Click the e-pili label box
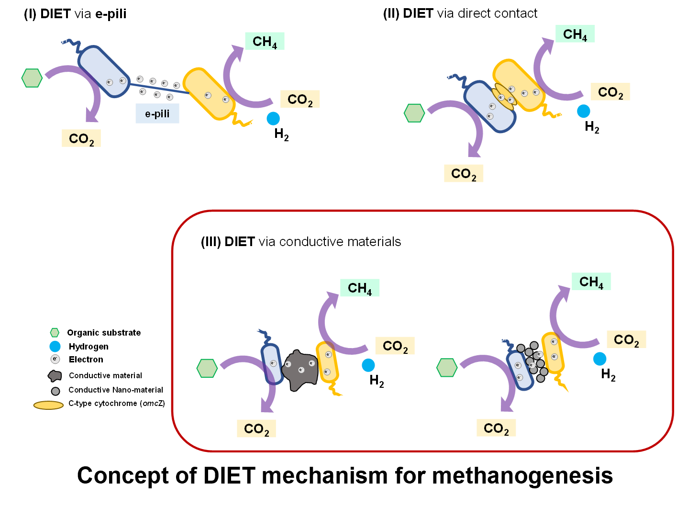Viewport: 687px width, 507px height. pyautogui.click(x=157, y=114)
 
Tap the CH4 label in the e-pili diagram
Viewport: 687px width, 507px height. pyautogui.click(x=265, y=42)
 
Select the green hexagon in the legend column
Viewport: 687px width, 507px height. pyautogui.click(x=55, y=332)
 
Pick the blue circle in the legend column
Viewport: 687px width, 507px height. pyautogui.click(x=55, y=346)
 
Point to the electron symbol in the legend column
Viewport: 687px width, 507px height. pyautogui.click(x=55, y=359)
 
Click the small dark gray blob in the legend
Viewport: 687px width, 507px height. pyautogui.click(x=55, y=376)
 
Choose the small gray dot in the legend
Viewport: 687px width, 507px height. pyautogui.click(x=55, y=391)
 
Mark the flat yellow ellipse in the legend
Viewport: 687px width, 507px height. pyautogui.click(x=48, y=406)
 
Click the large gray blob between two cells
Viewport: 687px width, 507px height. pyautogui.click(x=300, y=370)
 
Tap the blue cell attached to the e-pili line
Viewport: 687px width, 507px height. pyautogui.click(x=104, y=72)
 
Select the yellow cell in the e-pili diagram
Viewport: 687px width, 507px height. pyautogui.click(x=209, y=94)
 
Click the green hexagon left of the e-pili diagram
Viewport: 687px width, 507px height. pyautogui.click(x=32, y=78)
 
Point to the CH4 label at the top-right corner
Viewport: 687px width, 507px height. pyautogui.click(x=575, y=34)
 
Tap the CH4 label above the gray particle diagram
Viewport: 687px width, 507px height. pyautogui.click(x=591, y=282)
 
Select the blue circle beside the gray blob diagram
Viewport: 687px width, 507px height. pyautogui.click(x=368, y=365)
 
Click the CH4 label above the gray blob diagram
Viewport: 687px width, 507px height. pyautogui.click(x=360, y=288)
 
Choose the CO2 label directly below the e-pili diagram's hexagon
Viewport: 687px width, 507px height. pyautogui.click(x=81, y=138)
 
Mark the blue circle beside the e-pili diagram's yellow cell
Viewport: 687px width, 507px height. pyautogui.click(x=273, y=118)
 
